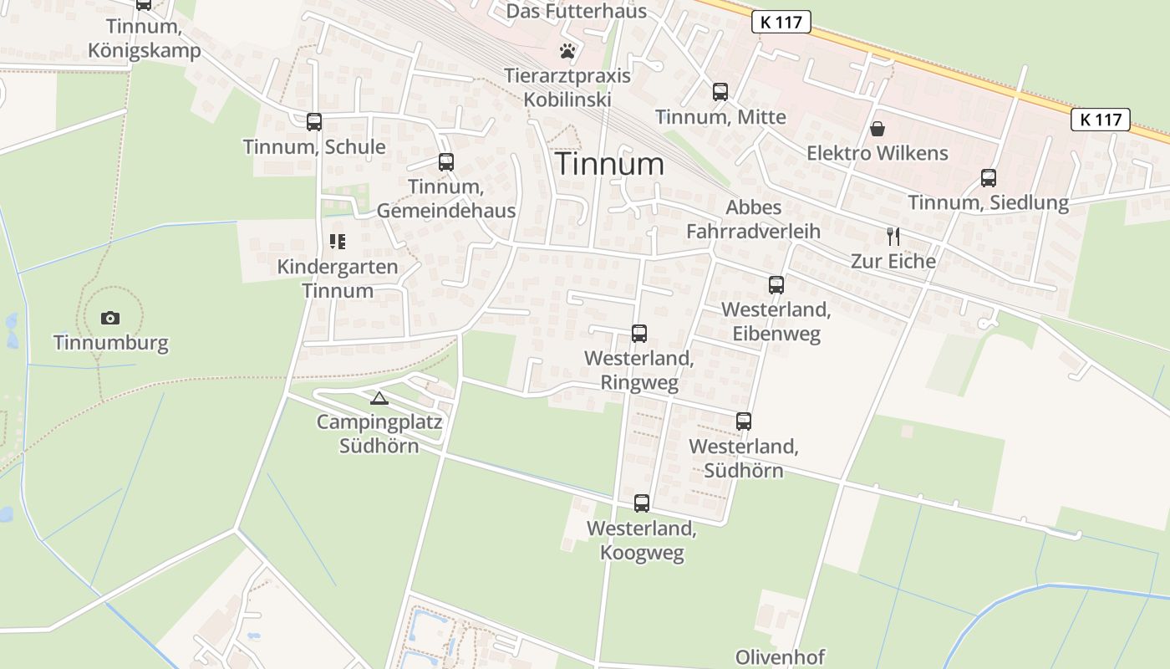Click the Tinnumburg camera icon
109,318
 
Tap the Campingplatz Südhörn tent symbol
379,398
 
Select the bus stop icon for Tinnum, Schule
314,122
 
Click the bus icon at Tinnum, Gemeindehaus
446,162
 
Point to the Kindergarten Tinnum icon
338,242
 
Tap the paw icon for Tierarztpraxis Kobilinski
568,51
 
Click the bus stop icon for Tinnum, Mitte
720,92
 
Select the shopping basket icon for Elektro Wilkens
877,129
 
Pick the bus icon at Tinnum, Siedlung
989,178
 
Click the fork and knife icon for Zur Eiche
893,237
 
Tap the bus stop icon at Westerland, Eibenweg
776,285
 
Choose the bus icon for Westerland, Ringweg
639,334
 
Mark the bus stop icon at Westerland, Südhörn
744,421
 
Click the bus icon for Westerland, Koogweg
642,503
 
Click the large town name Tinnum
609,164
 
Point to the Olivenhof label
780,656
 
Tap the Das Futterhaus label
577,11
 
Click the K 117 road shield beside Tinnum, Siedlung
1101,120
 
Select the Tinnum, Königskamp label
145,38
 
